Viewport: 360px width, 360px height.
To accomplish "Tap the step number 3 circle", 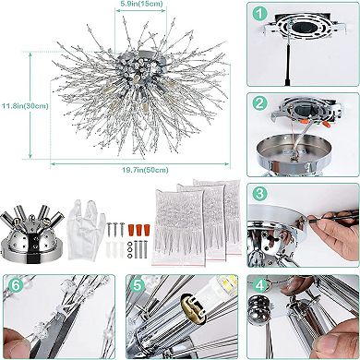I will (262, 194).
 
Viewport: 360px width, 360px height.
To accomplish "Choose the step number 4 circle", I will (262, 282).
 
